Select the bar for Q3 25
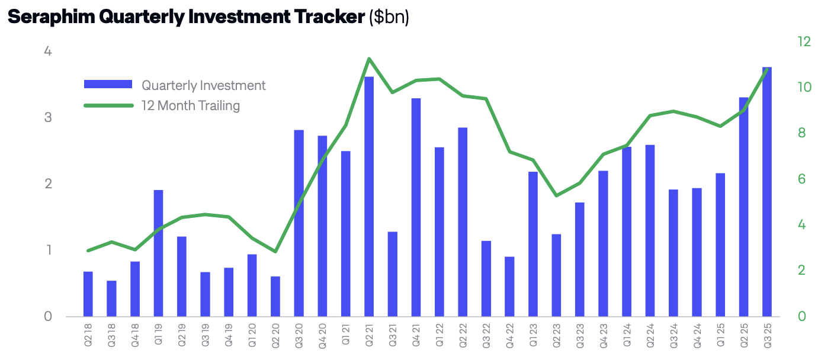point(767,192)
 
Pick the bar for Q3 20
point(299,223)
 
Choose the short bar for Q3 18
point(111,298)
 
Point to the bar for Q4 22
point(509,287)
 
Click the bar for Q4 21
point(416,207)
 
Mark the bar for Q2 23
point(556,275)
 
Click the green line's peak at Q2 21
point(369,59)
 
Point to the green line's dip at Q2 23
point(556,195)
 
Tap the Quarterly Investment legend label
point(204,85)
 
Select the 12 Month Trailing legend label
point(191,106)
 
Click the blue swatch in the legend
point(108,85)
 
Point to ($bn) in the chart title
point(389,17)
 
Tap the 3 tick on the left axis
point(48,118)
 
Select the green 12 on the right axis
point(804,42)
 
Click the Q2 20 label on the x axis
point(275,335)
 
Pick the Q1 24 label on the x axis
point(627,335)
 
